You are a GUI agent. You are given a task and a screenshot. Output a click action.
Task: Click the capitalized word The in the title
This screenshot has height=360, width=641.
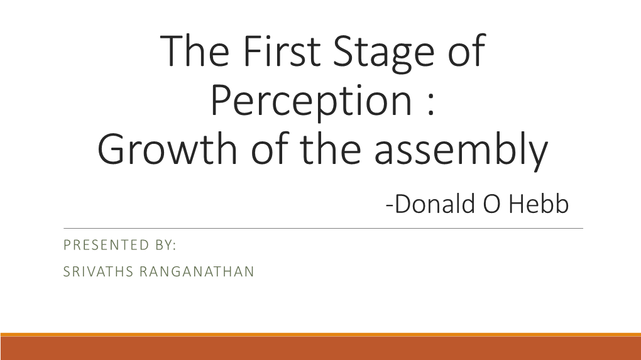[x=195, y=51]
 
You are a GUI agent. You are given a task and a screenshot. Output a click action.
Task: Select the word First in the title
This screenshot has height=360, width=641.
[x=282, y=51]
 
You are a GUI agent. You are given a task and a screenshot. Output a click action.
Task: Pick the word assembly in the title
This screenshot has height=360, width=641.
[x=461, y=151]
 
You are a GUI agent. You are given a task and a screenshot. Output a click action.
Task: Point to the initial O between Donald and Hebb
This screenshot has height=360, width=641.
[x=492, y=204]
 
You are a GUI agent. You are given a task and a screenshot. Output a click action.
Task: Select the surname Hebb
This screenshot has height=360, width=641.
[x=539, y=204]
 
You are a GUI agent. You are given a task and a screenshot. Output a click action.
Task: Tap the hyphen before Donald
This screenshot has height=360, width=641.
[x=390, y=205]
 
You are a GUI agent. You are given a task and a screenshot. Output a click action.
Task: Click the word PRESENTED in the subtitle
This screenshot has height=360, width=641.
[x=106, y=245]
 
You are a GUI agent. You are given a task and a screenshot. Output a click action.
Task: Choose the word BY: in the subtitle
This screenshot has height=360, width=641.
[x=166, y=245]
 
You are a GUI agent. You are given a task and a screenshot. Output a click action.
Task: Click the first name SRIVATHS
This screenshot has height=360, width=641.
[x=98, y=272]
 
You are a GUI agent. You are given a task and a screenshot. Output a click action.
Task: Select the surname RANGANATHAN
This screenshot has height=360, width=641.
[x=197, y=272]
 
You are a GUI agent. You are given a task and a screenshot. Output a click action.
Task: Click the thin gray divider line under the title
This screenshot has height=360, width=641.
[x=324, y=229]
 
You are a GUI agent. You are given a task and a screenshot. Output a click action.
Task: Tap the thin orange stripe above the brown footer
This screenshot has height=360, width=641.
[x=320, y=335]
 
